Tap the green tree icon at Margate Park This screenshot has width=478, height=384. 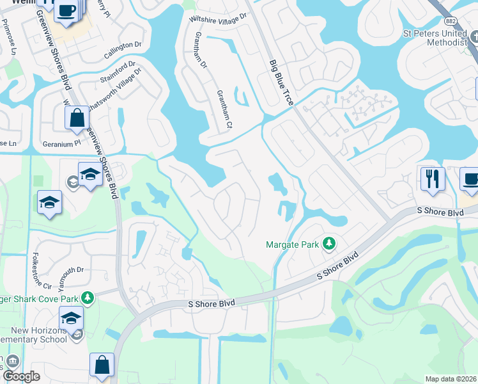pyautogui.click(x=329, y=243)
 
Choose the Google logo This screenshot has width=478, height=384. pyautogui.click(x=21, y=377)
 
